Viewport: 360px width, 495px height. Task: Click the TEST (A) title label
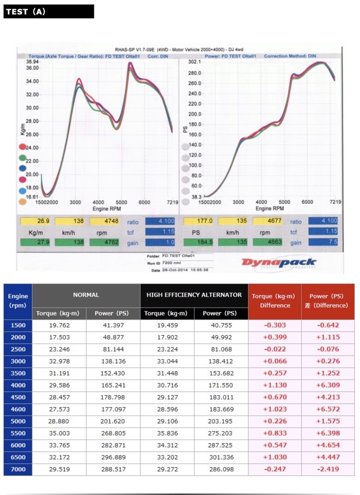tap(26, 12)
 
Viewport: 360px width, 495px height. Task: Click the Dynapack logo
tap(279, 263)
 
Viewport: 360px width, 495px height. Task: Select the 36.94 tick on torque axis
tap(32, 62)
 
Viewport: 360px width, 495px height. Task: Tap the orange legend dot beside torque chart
tap(22, 202)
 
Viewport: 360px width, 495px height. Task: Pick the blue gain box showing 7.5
tap(323, 242)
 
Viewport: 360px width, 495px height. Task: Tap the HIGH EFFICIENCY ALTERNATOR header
tap(194, 295)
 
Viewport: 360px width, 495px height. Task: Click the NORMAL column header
tap(86, 295)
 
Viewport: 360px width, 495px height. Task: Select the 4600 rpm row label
tap(18, 409)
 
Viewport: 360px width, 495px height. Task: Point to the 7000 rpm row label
tap(18, 469)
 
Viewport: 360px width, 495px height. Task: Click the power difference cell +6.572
tap(328, 409)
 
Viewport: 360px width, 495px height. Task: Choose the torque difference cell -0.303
tap(275, 325)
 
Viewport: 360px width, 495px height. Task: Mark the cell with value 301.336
tap(221, 457)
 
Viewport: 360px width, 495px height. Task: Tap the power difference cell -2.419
tap(328, 469)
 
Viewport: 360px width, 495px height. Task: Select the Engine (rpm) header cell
tap(18, 301)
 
